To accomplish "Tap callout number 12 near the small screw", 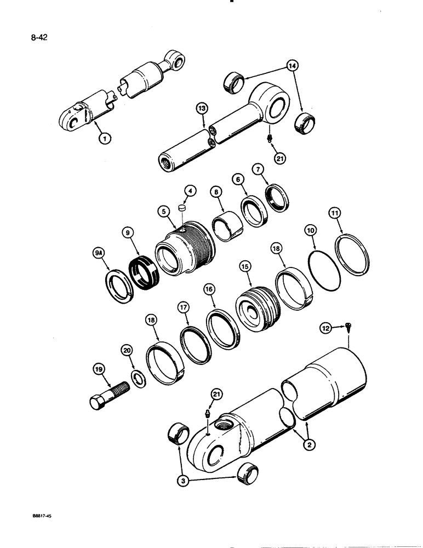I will pyautogui.click(x=327, y=328).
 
